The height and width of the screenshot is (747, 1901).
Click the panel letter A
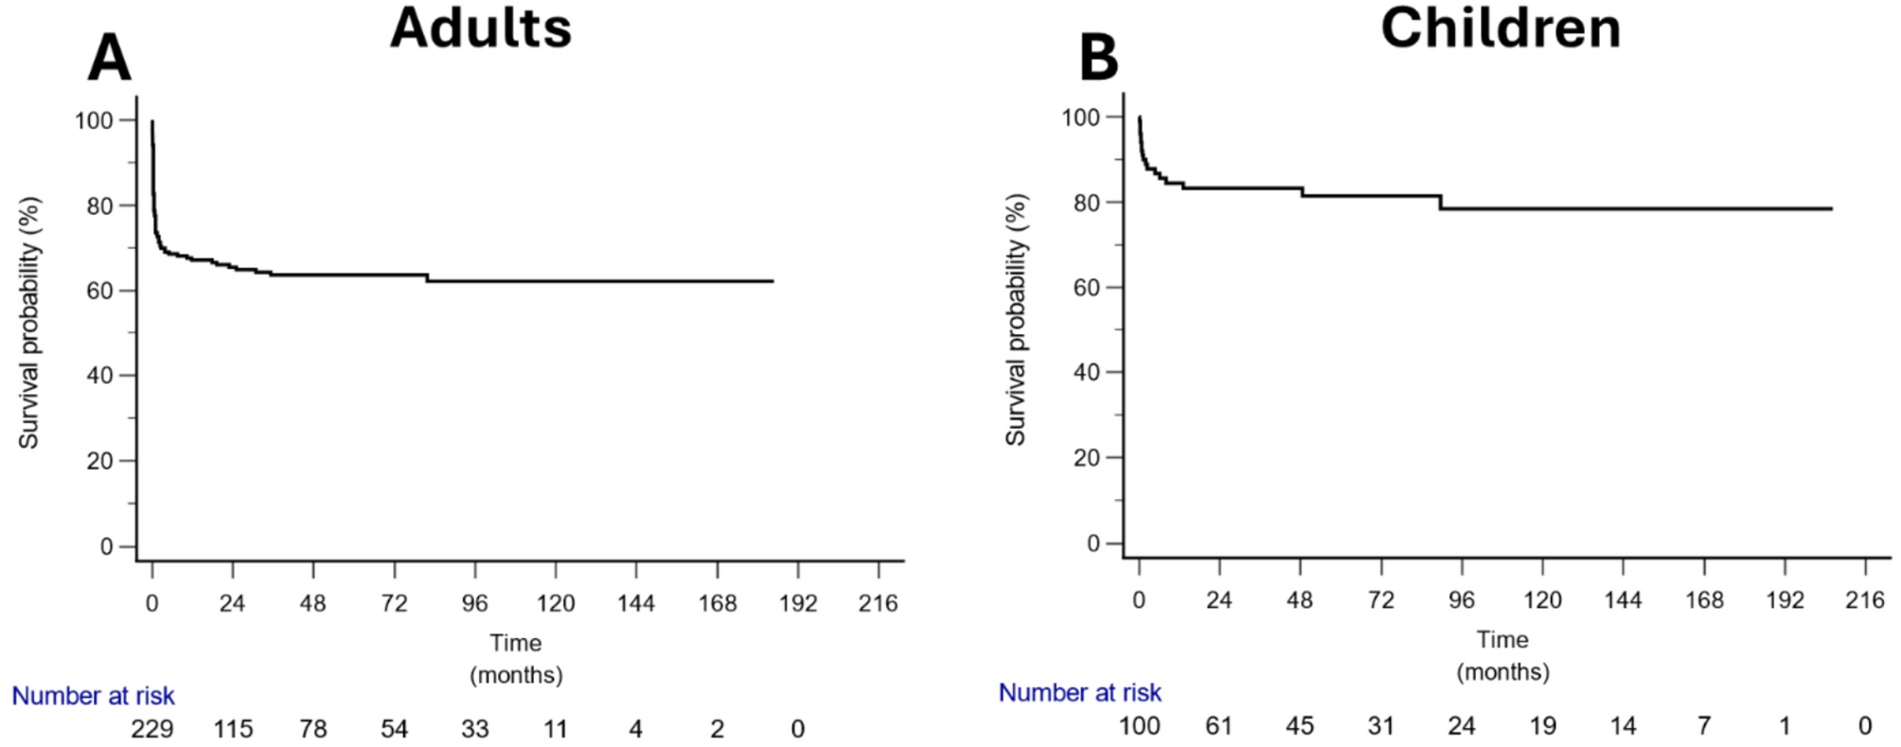click(x=109, y=59)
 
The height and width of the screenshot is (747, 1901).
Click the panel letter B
click(x=1098, y=59)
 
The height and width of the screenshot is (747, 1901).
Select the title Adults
click(x=481, y=27)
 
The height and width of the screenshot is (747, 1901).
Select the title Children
click(x=1501, y=27)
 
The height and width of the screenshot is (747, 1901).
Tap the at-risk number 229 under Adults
click(x=151, y=728)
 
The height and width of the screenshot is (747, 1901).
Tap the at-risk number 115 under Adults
click(x=233, y=728)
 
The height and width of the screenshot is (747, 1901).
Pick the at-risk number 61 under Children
click(x=1218, y=725)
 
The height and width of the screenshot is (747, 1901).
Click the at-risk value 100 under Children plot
click(x=1139, y=725)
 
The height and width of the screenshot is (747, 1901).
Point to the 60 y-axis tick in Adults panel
click(x=100, y=291)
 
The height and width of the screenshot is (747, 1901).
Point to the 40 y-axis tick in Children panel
click(x=1087, y=372)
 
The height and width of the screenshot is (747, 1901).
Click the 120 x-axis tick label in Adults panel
click(x=556, y=603)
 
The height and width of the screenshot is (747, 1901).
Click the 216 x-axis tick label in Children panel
click(x=1865, y=599)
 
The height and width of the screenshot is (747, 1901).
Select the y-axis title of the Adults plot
click(x=29, y=322)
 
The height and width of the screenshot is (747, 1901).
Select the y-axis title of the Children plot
click(x=1016, y=319)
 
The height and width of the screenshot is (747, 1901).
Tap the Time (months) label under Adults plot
click(x=516, y=658)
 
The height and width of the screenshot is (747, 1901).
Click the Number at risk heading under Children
click(x=1080, y=692)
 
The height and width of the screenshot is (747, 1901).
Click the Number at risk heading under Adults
click(x=93, y=696)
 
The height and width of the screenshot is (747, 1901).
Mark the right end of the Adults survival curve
click(x=773, y=281)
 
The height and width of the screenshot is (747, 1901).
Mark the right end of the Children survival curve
click(x=1832, y=208)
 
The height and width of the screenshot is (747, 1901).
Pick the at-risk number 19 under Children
click(x=1542, y=725)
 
